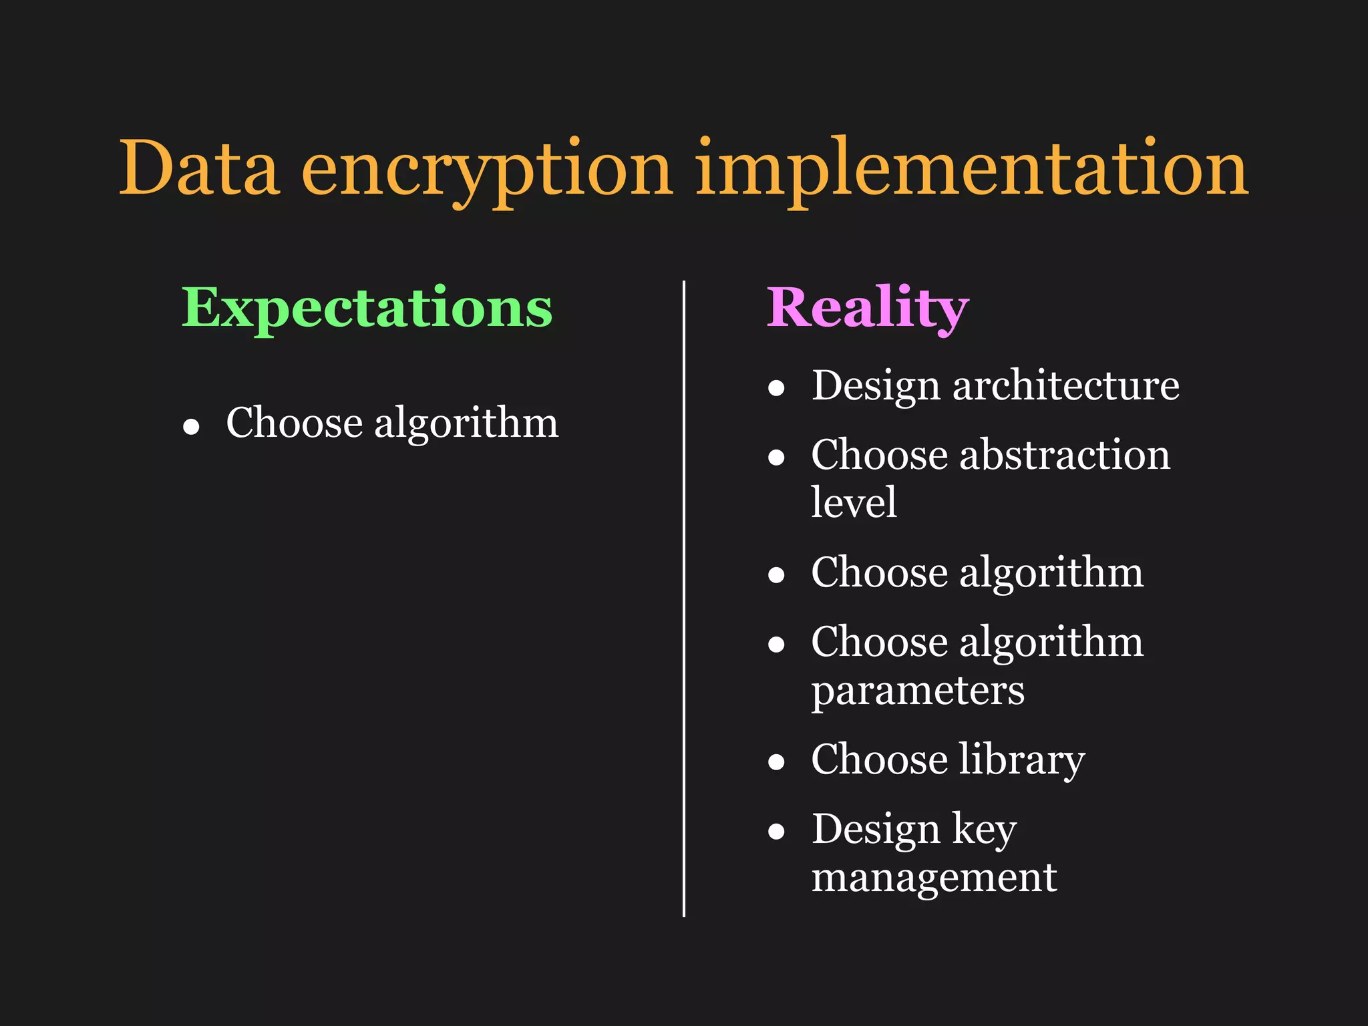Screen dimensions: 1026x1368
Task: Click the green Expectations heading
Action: pyautogui.click(x=367, y=308)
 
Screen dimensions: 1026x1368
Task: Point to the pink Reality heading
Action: pyautogui.click(x=867, y=308)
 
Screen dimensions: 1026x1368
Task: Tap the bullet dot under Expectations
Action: pyautogui.click(x=192, y=427)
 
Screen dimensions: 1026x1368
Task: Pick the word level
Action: pyautogui.click(x=853, y=502)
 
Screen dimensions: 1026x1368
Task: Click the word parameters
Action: pyautogui.click(x=917, y=691)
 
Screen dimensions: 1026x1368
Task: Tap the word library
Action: pyautogui.click(x=1021, y=760)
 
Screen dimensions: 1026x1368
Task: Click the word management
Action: pyautogui.click(x=934, y=878)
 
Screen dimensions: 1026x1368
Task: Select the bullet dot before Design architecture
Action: pyautogui.click(x=776, y=388)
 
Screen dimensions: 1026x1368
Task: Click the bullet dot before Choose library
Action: pyautogui.click(x=776, y=762)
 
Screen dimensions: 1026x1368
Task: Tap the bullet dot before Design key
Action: pyautogui.click(x=776, y=832)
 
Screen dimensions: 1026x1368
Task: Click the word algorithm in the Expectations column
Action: pyautogui.click(x=466, y=424)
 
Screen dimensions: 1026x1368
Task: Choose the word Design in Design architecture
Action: pyautogui.click(x=876, y=387)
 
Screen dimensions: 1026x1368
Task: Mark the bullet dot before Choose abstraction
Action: pyautogui.click(x=776, y=458)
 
